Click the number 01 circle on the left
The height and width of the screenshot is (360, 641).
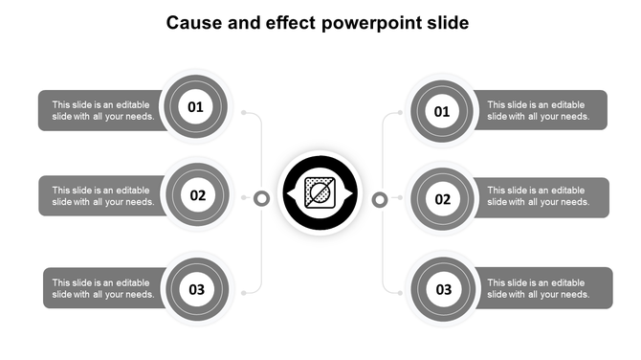[x=195, y=106]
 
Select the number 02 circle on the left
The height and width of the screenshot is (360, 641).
[x=197, y=195]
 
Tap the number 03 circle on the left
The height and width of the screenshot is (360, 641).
[x=196, y=289]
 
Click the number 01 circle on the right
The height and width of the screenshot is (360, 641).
[x=442, y=112]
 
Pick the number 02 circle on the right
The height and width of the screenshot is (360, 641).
[x=443, y=199]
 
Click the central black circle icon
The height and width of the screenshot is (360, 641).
[x=320, y=195]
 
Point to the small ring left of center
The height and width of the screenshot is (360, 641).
[x=261, y=198]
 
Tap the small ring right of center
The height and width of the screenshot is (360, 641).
[x=379, y=199]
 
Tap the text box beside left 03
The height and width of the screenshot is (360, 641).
[x=102, y=288]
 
